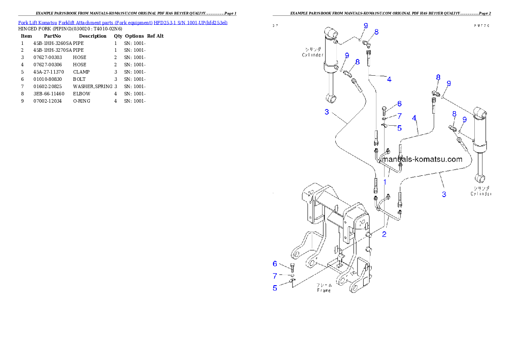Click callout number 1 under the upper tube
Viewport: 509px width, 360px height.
[385, 182]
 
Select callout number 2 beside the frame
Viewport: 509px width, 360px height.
[384, 234]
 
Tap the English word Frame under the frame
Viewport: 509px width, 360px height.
[324, 290]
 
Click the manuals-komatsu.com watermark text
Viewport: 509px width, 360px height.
[421, 159]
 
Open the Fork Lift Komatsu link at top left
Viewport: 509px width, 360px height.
[123, 22]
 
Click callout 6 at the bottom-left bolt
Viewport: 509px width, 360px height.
[275, 264]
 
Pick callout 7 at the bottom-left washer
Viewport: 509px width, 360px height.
[275, 276]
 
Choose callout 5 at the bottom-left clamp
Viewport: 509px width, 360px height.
[275, 288]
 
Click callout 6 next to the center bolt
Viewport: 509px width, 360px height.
[399, 104]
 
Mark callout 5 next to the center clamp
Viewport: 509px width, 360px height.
[399, 127]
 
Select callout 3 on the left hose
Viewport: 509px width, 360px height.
[327, 112]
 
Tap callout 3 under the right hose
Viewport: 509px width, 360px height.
[444, 194]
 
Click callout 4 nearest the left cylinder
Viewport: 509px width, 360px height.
[389, 79]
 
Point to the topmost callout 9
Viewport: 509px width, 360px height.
[366, 26]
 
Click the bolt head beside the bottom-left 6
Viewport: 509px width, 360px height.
[293, 267]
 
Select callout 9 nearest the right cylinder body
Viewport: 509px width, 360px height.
[465, 119]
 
